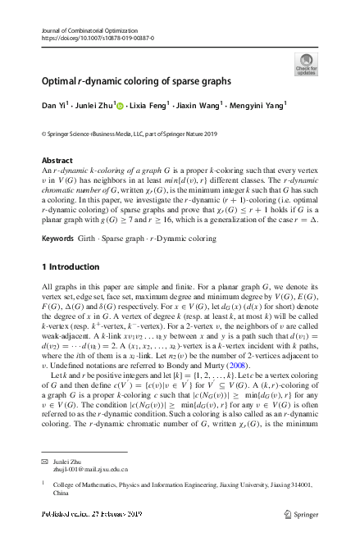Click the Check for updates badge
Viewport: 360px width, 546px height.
[306, 64]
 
